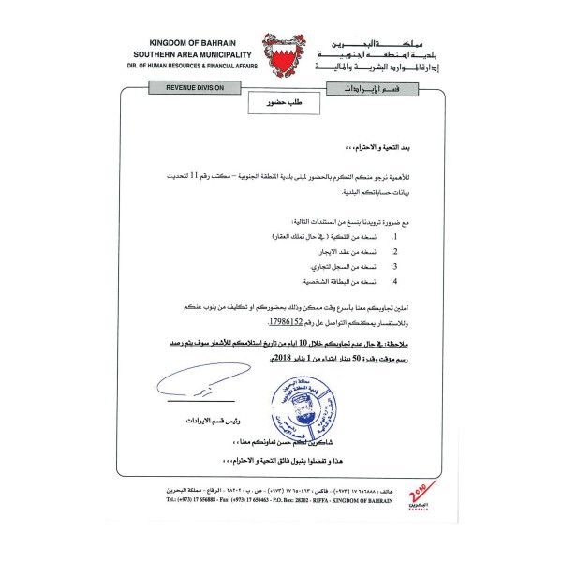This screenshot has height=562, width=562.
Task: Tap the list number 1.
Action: point(396,239)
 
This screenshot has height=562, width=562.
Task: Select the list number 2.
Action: point(396,252)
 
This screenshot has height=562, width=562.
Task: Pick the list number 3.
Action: point(396,266)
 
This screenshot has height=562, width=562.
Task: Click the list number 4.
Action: point(396,280)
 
